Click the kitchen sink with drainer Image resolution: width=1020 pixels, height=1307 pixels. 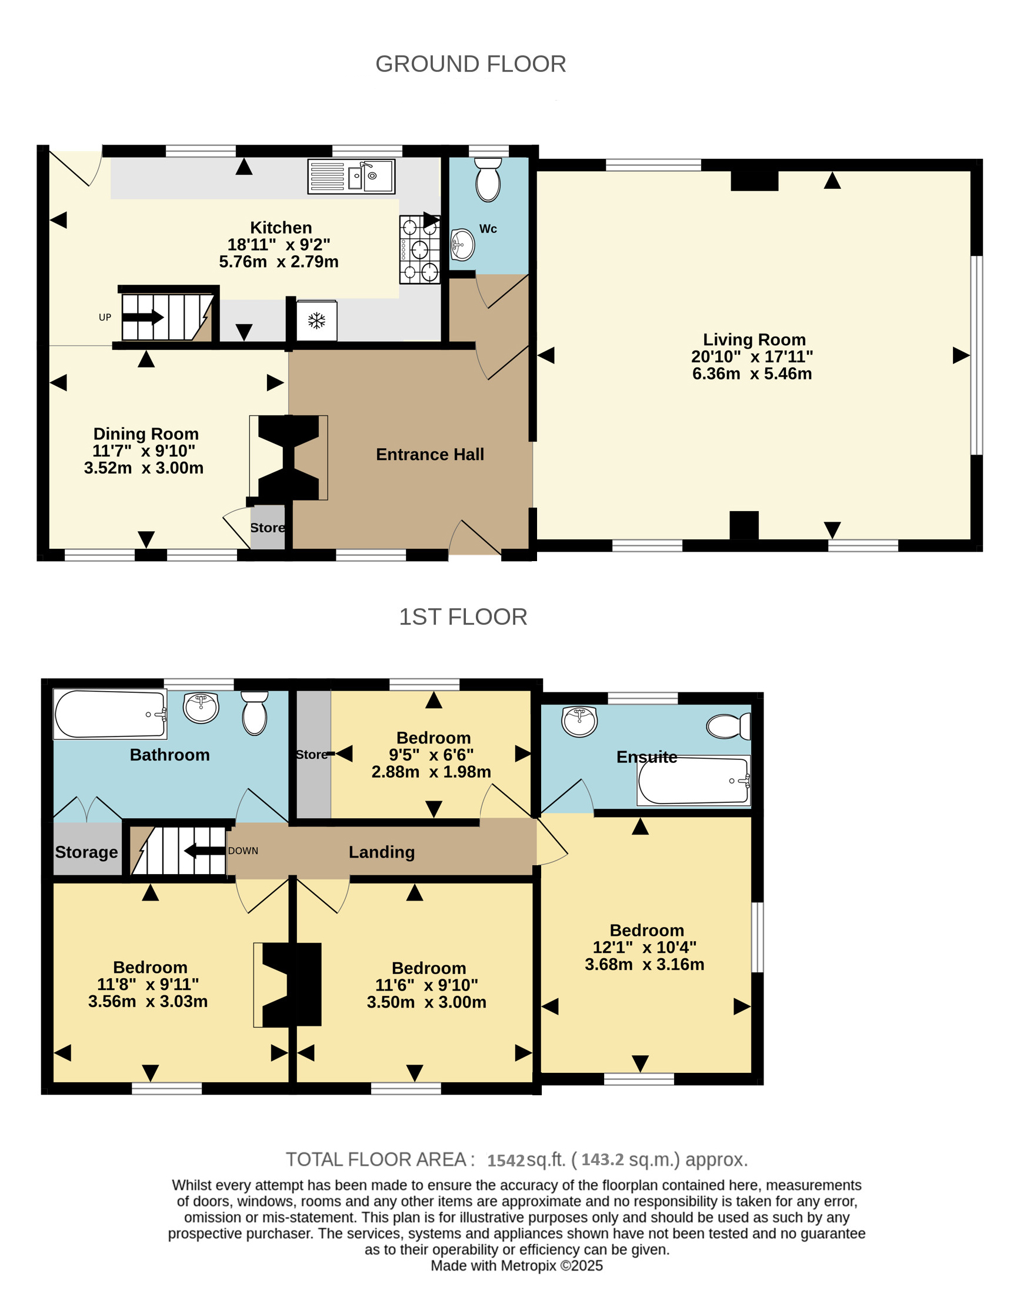pos(351,176)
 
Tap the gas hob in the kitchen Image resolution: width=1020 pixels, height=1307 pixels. pos(419,249)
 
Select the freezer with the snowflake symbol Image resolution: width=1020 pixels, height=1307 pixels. pos(316,320)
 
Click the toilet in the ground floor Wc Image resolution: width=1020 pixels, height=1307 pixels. pos(488,179)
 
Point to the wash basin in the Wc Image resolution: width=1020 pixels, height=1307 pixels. pos(462,245)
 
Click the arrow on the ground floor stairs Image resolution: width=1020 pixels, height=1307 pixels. pos(143,317)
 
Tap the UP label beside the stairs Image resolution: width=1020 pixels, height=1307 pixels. pos(105,317)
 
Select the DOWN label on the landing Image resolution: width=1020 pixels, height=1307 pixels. pos(243,851)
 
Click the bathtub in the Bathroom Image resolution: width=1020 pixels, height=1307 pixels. pos(110,715)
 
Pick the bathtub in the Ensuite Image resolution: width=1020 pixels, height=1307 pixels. pos(694,781)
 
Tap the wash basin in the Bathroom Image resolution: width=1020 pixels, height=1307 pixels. pos(201,708)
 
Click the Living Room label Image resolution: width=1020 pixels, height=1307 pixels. pos(754,339)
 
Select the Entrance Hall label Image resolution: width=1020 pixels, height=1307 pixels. pos(430,454)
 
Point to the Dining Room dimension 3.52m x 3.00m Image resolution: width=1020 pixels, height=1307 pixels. pos(144,468)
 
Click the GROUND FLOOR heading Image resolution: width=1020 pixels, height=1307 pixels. pos(471,64)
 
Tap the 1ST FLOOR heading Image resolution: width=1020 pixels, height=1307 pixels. pos(463,617)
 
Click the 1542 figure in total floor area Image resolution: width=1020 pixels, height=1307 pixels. pos(506,1161)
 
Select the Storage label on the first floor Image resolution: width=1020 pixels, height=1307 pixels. pos(86,852)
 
